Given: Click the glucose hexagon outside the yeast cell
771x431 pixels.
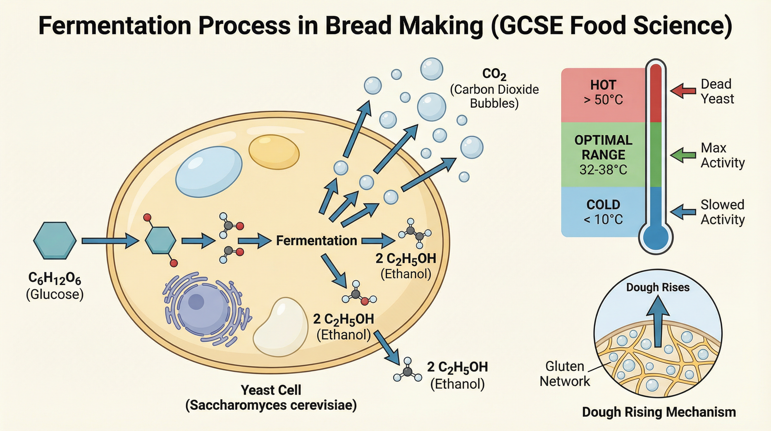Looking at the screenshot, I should (x=55, y=240).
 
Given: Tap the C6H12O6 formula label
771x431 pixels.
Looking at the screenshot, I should (x=55, y=279).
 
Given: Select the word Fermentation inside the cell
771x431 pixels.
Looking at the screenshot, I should (x=316, y=241).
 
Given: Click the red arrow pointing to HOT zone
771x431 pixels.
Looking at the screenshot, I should (x=683, y=91).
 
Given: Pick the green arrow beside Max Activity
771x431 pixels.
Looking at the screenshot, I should (x=683, y=155).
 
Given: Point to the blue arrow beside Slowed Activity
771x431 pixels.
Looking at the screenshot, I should (x=683, y=212).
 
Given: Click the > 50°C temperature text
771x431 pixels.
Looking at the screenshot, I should (x=603, y=100).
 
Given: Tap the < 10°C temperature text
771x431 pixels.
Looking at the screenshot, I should (x=603, y=220).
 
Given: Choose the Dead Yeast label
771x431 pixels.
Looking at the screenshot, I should (x=717, y=91).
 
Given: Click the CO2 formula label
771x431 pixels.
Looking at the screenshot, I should (x=494, y=74).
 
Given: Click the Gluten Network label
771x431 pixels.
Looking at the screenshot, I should (x=565, y=374).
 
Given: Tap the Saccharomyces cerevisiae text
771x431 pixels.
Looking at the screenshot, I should (x=271, y=405).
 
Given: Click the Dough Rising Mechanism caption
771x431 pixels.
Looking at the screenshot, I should (x=659, y=412).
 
